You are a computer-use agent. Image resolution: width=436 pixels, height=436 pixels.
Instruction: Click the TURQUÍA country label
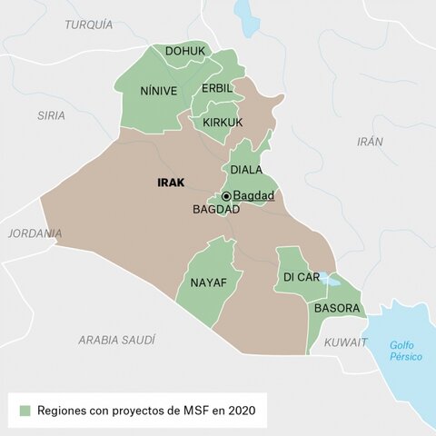88,25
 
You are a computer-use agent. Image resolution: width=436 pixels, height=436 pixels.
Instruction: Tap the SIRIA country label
51,115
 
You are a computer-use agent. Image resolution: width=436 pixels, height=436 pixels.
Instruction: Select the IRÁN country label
370,142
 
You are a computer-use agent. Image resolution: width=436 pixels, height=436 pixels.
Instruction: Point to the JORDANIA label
35,233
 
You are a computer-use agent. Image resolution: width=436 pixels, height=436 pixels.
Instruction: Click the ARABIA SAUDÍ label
116,339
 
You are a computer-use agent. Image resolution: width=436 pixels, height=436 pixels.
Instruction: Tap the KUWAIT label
346,342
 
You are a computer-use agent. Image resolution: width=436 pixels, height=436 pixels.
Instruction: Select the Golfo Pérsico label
405,351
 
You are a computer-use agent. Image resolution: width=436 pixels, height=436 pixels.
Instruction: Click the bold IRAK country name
170,183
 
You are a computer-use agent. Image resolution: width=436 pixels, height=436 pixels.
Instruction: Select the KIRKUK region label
223,122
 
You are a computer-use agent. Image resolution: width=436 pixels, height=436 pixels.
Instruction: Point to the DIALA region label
246,170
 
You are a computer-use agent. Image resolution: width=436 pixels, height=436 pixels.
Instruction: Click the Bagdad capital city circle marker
226,196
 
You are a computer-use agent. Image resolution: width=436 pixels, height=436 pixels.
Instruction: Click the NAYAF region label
208,282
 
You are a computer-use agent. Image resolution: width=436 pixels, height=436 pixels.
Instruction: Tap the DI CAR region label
300,276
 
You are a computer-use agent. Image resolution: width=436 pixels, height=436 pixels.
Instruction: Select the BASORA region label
337,308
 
